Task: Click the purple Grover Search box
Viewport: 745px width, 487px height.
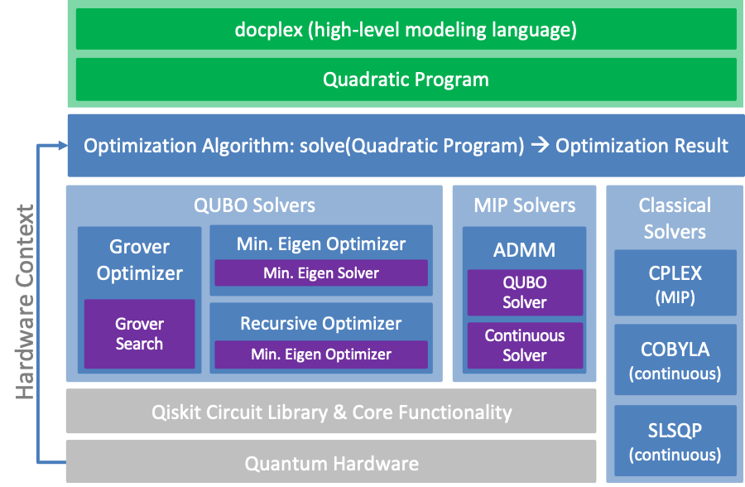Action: tap(139, 334)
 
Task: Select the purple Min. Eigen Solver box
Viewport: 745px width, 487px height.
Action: tap(321, 272)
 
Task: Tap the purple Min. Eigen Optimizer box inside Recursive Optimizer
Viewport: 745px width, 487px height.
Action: tap(321, 354)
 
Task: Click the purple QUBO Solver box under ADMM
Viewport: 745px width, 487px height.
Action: tap(524, 292)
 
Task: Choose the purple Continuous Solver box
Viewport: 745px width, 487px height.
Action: tap(524, 345)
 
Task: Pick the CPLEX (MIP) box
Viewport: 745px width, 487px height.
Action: tap(675, 282)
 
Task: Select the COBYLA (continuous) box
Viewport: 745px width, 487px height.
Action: tap(675, 360)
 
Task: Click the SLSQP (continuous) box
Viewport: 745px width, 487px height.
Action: tap(675, 442)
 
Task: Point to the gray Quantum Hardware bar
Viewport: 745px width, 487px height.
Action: tap(331, 463)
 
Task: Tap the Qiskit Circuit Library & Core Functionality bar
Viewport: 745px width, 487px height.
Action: tap(331, 412)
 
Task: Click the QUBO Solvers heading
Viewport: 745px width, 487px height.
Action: tap(254, 205)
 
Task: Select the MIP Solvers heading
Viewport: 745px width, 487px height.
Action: tap(524, 205)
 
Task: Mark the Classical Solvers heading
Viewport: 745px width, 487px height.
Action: tap(675, 218)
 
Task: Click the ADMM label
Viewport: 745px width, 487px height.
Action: tap(524, 249)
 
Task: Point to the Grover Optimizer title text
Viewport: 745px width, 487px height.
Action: tap(139, 260)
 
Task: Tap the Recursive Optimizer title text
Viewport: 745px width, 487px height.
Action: tap(321, 323)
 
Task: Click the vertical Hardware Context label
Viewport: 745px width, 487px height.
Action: tap(25, 302)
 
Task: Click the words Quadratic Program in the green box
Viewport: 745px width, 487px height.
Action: tap(406, 80)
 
